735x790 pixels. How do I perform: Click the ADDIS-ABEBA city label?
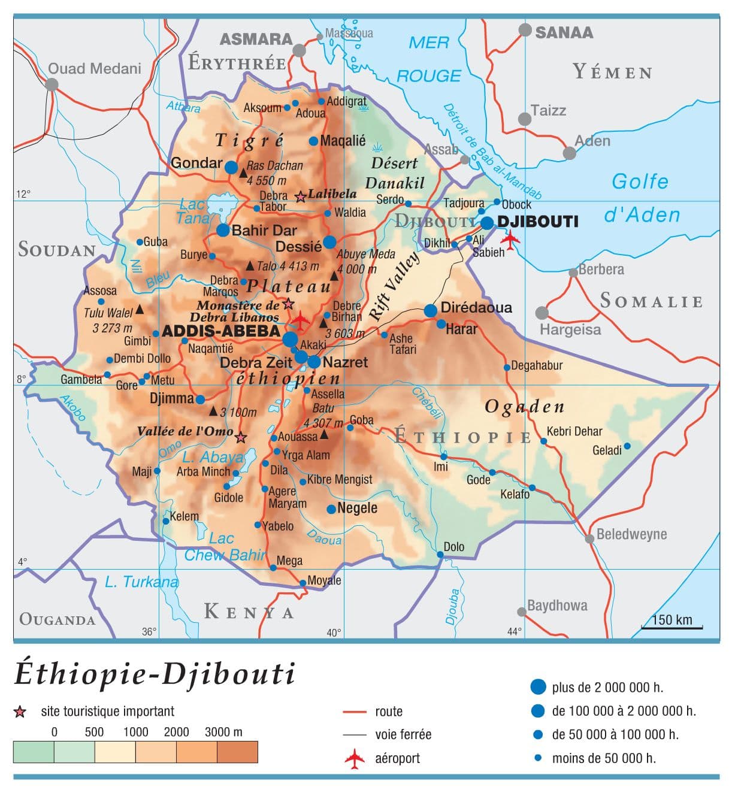(x=221, y=331)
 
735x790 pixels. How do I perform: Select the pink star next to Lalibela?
(x=301, y=196)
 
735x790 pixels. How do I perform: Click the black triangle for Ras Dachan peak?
(x=243, y=173)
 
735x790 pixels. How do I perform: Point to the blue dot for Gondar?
(x=231, y=168)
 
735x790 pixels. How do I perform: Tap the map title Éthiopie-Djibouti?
(x=155, y=673)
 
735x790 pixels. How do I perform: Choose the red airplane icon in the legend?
(x=355, y=758)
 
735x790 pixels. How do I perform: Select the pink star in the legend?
(x=20, y=712)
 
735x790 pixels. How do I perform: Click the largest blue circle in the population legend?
(x=538, y=686)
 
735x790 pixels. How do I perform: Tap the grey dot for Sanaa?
(x=525, y=30)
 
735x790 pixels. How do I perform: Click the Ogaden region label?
(x=524, y=407)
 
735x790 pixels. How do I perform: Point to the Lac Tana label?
(x=193, y=211)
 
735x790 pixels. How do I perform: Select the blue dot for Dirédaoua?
(x=431, y=310)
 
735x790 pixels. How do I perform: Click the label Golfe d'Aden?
(x=641, y=198)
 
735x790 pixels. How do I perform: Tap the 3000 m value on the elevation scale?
(x=223, y=732)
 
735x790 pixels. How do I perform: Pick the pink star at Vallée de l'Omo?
(x=241, y=438)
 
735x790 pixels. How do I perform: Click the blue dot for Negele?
(x=331, y=509)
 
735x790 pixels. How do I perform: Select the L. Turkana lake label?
(x=141, y=582)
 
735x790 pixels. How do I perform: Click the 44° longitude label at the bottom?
(x=515, y=631)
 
